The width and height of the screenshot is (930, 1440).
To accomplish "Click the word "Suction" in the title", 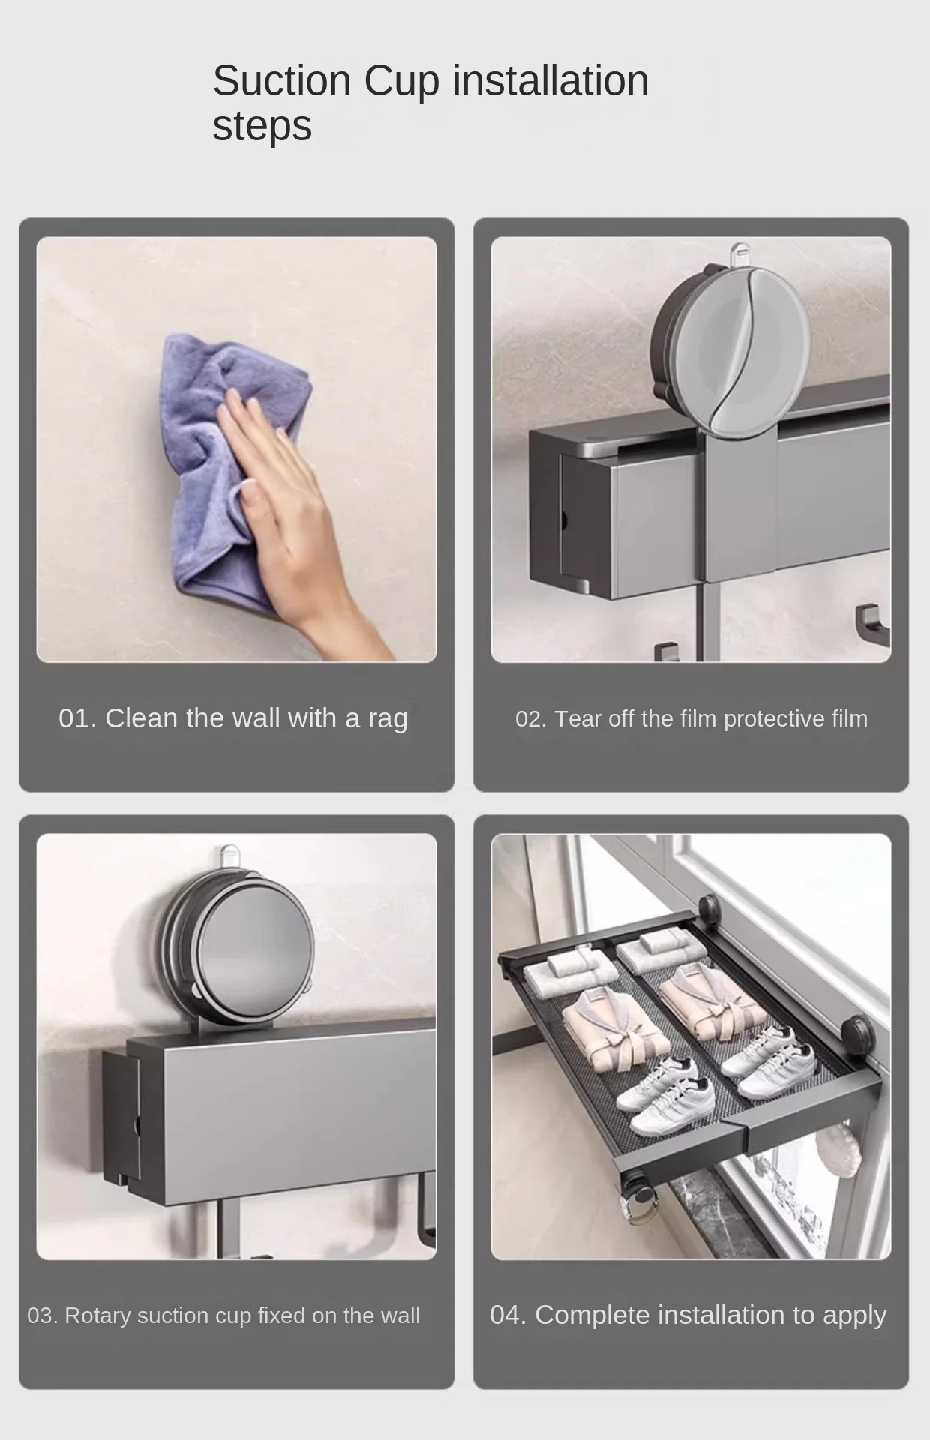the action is click(x=282, y=80).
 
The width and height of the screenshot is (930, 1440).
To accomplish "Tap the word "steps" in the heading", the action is click(x=262, y=126).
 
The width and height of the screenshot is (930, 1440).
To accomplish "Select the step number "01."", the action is click(x=78, y=718).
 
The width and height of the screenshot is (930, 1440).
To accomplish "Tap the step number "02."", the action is click(x=531, y=719).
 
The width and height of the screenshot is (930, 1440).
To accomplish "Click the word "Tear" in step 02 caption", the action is click(x=577, y=719).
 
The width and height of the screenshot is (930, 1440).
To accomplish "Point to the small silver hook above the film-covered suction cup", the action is click(x=739, y=253).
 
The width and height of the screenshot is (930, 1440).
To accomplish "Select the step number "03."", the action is click(x=42, y=1315).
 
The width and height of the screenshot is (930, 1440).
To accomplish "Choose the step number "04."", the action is click(x=508, y=1315).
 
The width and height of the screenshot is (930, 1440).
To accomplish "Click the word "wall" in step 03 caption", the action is click(x=400, y=1315).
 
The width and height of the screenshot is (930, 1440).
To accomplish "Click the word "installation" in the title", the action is click(x=550, y=80).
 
